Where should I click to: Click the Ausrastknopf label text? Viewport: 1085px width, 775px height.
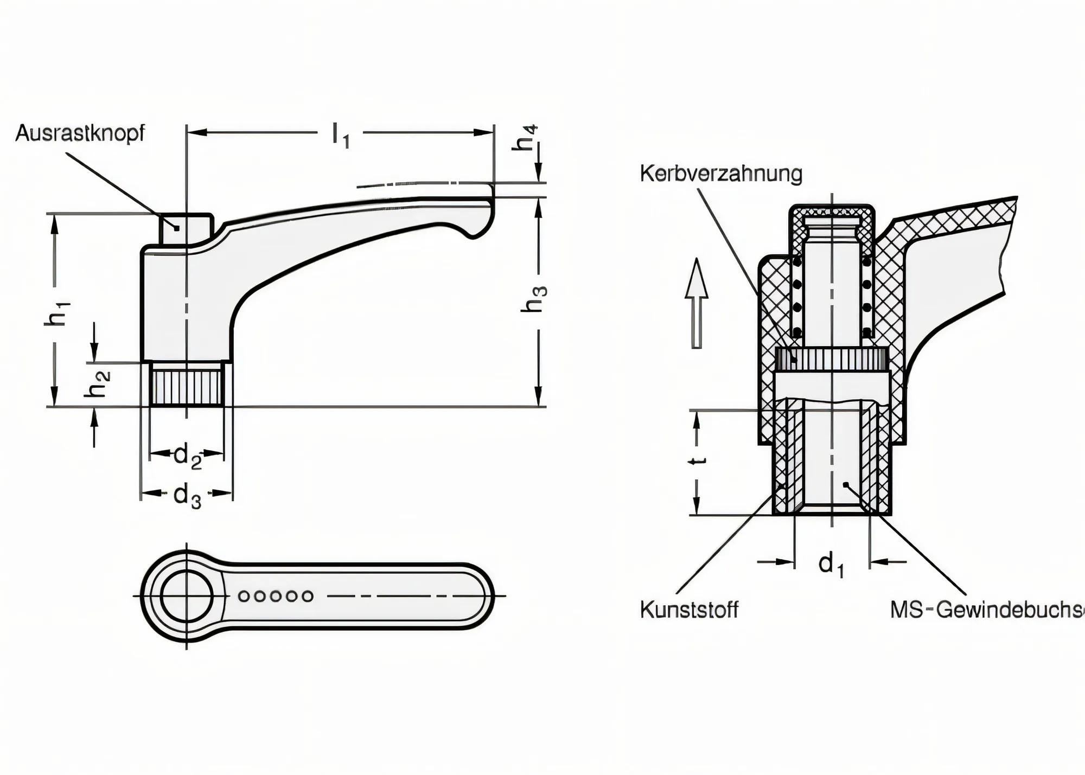point(80,133)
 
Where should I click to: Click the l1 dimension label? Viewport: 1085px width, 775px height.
point(341,134)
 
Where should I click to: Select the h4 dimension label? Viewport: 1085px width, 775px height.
point(525,137)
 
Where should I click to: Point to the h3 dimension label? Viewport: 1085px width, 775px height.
point(533,298)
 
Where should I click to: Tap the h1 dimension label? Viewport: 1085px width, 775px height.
point(56,313)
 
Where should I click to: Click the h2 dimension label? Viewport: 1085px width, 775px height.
point(98,383)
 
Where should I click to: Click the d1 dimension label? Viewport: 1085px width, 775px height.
point(831,565)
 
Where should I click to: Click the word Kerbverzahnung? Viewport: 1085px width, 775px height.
point(720,174)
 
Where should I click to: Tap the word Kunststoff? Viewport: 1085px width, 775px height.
point(689,610)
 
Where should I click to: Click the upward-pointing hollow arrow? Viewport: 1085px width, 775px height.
point(697,304)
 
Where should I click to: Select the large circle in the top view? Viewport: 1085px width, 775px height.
point(187,596)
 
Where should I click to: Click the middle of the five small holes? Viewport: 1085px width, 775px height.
point(276,597)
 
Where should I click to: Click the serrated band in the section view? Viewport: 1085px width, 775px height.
point(831,359)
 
